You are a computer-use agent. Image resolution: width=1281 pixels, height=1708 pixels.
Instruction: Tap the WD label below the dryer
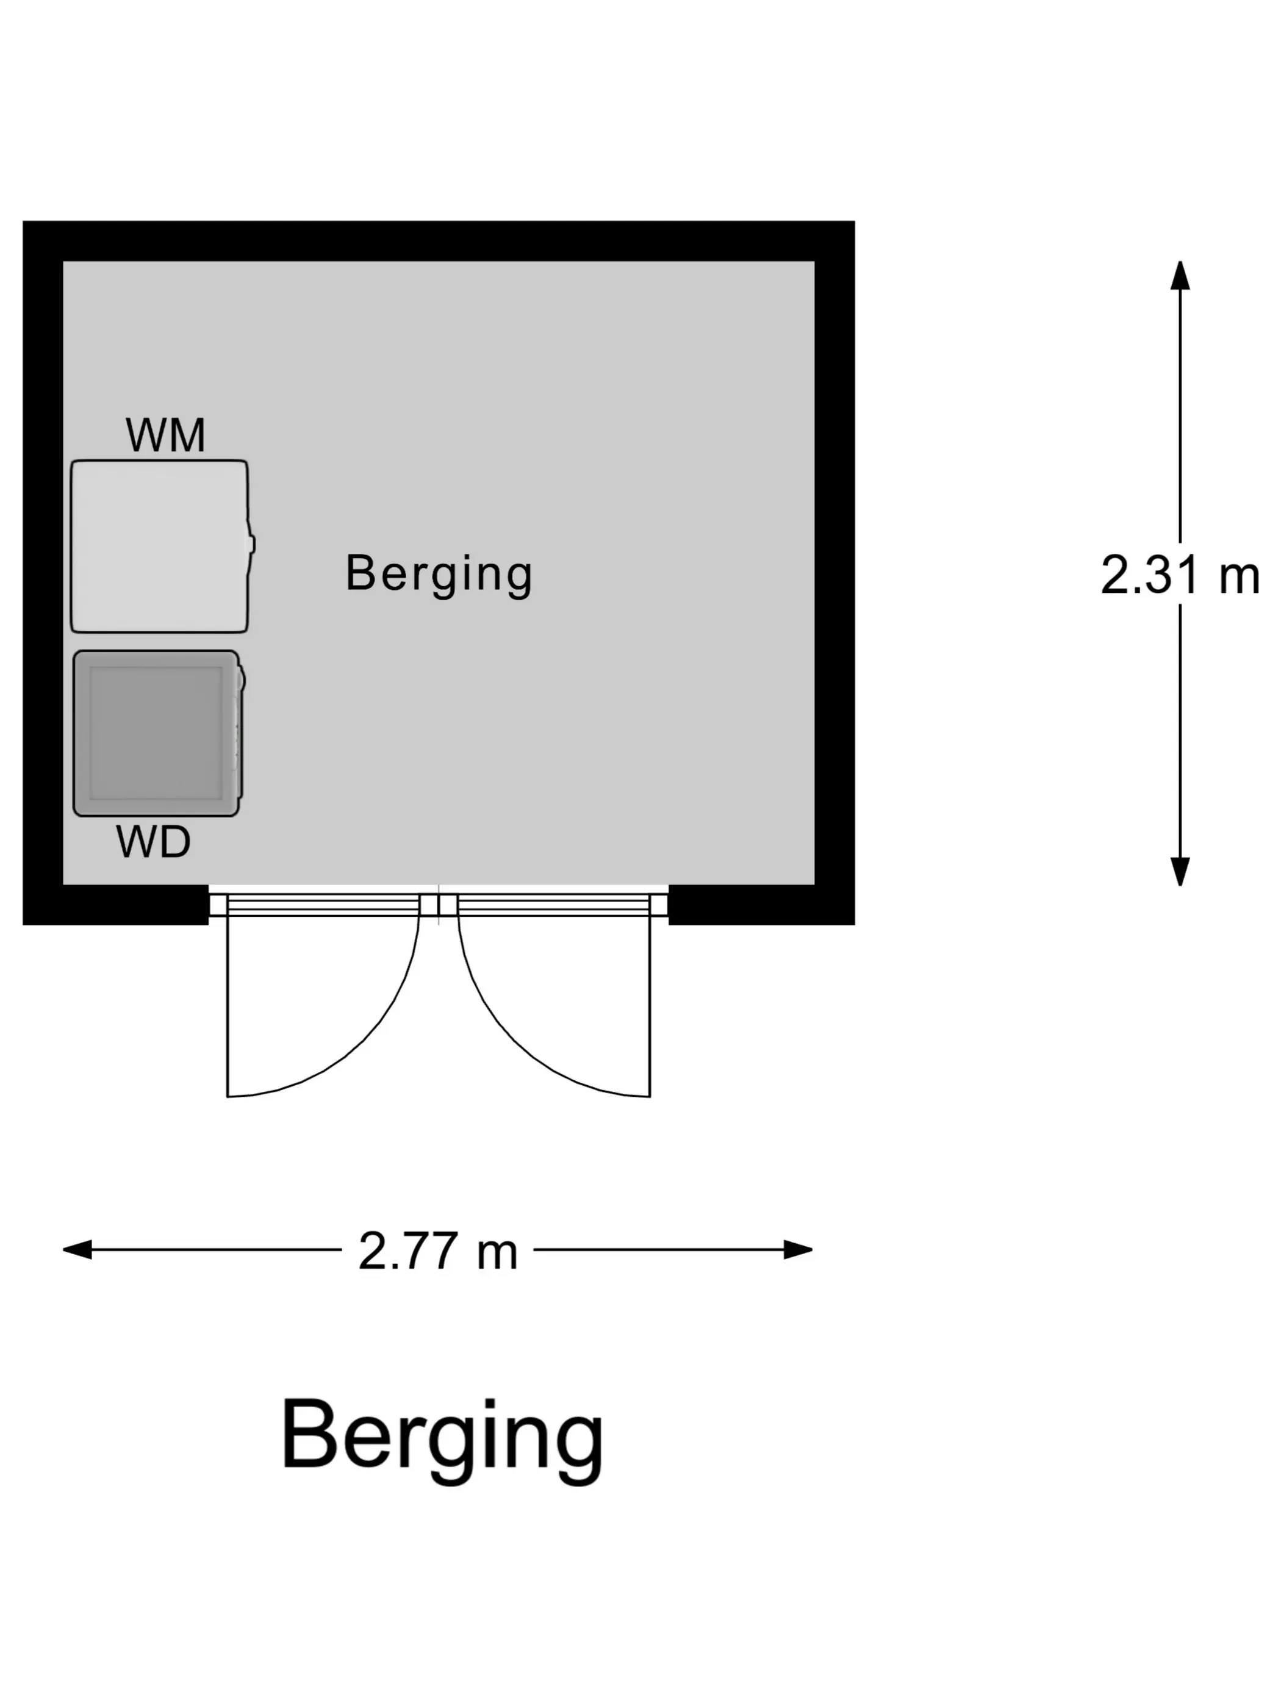coord(153,842)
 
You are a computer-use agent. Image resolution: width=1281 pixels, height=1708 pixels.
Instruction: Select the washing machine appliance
coord(162,546)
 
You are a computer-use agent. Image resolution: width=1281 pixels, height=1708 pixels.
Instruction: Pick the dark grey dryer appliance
coord(158,733)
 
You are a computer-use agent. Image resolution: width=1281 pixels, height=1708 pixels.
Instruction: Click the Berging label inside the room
coord(439,575)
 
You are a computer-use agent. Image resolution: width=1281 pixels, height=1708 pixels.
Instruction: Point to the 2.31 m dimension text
coord(1179,575)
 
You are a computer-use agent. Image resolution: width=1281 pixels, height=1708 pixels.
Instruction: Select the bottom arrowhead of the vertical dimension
coord(1179,872)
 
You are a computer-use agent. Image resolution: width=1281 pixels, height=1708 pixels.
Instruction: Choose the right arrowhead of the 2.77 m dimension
coord(798,1249)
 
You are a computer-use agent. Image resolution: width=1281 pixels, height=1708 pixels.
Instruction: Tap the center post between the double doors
coord(439,905)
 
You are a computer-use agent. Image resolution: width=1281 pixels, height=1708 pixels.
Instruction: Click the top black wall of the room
coord(439,241)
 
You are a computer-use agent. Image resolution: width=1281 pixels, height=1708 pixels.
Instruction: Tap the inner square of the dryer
coord(156,733)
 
